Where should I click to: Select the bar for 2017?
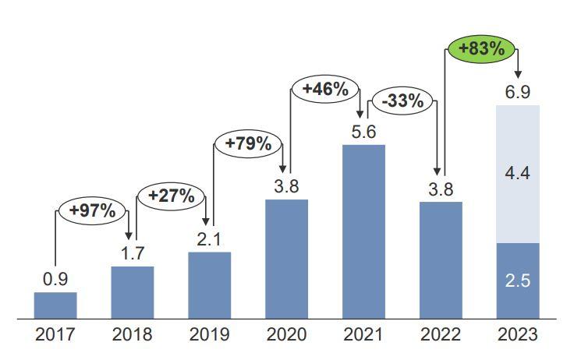tap(55, 305)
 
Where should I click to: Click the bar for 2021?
tap(363, 231)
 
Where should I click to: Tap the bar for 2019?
tap(209, 285)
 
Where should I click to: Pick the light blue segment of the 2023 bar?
tap(518, 174)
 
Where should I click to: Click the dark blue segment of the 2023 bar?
tap(518, 281)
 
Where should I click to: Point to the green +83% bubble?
tap(481, 50)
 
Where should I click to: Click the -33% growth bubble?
tap(402, 101)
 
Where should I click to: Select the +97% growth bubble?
tap(92, 210)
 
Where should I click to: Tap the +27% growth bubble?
tap(170, 196)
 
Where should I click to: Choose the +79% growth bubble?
tap(247, 143)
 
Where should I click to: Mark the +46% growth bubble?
tap(324, 90)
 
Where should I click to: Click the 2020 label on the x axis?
tap(286, 336)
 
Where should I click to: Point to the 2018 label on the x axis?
tap(132, 336)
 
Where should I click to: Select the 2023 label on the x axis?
tap(518, 336)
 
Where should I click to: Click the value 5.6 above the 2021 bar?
tap(363, 132)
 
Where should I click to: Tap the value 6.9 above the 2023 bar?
tap(518, 93)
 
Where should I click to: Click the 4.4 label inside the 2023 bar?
tap(518, 174)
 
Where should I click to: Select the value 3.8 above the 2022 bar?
tap(441, 189)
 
